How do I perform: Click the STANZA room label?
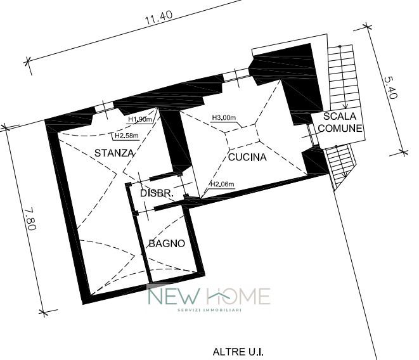coord(114,153)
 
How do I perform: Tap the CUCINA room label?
coord(247,157)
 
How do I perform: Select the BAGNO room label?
coord(167,243)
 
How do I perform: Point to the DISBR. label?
coord(157,193)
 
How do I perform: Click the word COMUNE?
coord(340,129)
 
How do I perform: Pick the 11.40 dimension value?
coord(158,18)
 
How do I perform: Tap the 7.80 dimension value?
coord(30,219)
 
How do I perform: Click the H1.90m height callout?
coord(139,119)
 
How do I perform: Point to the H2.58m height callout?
coord(127,136)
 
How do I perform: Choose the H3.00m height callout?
coord(224,117)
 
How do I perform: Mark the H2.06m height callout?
coord(222,184)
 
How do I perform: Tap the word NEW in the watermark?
coord(174,296)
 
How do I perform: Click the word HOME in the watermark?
coord(238,296)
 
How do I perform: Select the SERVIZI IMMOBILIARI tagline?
coord(209,310)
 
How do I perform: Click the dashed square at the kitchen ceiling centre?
coord(242,136)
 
